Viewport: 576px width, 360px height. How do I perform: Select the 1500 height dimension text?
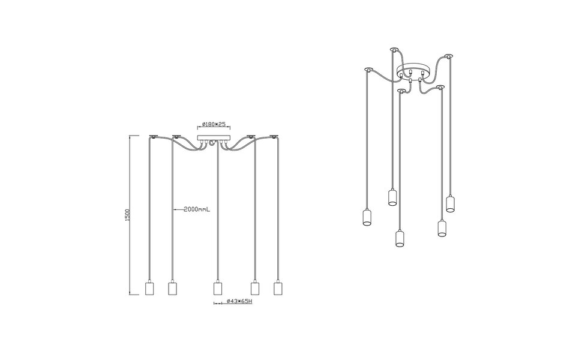(x=128, y=216)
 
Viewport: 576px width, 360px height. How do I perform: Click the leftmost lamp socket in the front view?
(x=151, y=288)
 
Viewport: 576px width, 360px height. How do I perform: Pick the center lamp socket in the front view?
(x=218, y=288)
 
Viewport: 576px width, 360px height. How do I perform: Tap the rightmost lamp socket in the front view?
(x=277, y=288)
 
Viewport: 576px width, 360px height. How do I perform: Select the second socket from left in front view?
(x=172, y=288)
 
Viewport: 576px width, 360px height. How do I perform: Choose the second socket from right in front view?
(x=255, y=288)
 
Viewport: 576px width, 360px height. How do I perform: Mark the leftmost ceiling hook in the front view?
(x=153, y=136)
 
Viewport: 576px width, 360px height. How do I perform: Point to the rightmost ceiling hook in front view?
(x=276, y=136)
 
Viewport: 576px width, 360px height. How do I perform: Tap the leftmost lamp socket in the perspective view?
(x=367, y=217)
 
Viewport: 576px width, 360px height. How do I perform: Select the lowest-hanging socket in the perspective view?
(x=398, y=238)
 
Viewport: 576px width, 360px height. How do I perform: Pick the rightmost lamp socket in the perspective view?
(x=451, y=204)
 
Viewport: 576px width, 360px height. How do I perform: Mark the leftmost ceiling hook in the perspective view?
(x=367, y=69)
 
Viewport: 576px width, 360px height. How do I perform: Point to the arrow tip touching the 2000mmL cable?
(x=173, y=210)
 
